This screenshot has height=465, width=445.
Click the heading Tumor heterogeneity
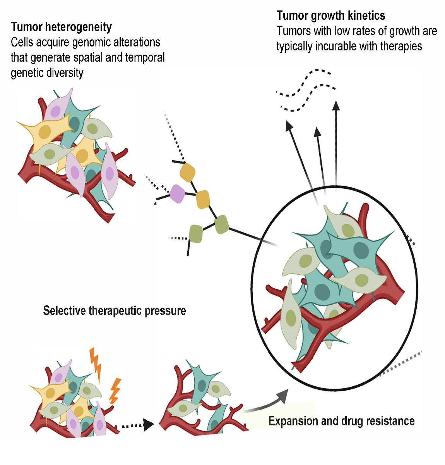(61, 27)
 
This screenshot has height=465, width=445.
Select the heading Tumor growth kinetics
(331, 16)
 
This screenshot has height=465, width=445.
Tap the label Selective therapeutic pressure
(115, 311)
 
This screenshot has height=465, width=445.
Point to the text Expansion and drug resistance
(341, 421)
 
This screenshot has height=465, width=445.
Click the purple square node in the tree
(177, 193)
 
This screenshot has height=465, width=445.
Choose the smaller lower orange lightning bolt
(115, 391)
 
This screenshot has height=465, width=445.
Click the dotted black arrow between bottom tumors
(138, 425)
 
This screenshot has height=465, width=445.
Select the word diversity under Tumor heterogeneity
(65, 73)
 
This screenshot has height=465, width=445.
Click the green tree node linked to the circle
(221, 224)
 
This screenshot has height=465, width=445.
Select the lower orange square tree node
(203, 199)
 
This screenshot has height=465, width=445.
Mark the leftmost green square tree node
(196, 234)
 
